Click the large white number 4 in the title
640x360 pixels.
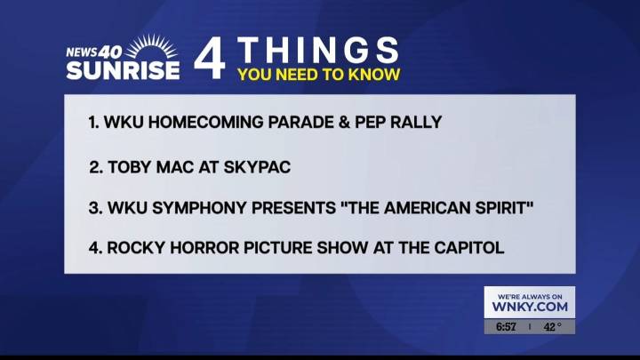pos(211,60)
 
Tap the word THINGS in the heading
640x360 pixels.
pos(318,49)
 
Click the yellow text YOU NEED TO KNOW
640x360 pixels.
pos(318,75)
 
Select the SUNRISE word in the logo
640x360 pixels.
pos(123,70)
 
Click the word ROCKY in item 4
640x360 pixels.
pos(133,248)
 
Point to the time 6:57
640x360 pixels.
pos(506,327)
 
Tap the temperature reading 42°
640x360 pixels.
pos(553,327)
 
